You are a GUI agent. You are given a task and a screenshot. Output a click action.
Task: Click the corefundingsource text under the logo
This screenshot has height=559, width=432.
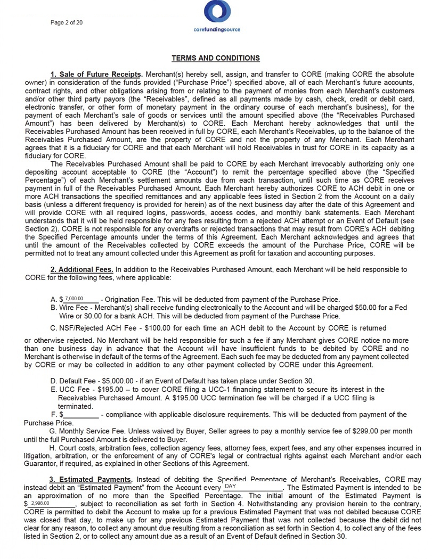(217, 30)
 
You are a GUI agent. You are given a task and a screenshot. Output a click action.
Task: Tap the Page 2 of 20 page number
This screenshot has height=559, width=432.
(66, 22)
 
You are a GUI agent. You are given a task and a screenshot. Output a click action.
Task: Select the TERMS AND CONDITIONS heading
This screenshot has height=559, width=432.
(216, 58)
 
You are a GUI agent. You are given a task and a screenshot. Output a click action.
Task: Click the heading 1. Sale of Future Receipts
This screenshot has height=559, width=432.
(96, 73)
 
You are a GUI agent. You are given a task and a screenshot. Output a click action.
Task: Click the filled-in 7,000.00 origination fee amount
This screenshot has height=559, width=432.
(75, 299)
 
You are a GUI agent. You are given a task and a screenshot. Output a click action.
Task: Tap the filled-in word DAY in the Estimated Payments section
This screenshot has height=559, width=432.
(231, 487)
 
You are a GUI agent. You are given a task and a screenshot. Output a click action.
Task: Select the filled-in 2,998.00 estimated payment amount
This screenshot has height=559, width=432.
(40, 503)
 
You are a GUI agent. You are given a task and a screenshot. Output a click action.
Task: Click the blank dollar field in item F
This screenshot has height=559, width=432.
(80, 415)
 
